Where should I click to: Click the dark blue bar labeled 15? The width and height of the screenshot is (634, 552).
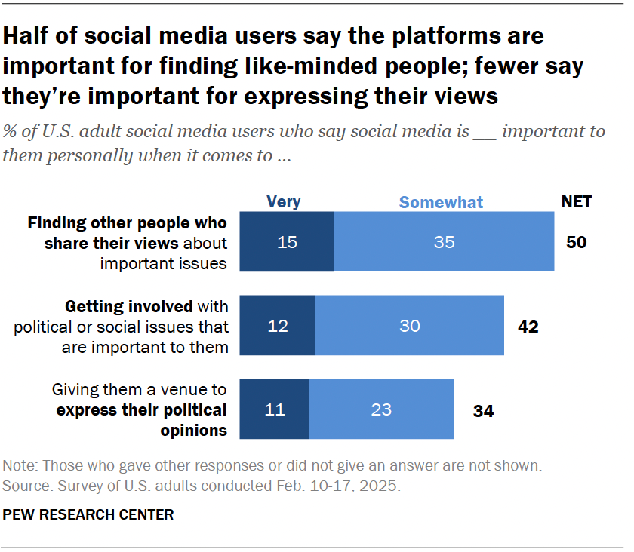tap(287, 242)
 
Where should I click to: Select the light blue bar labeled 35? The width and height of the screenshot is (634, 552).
tap(444, 242)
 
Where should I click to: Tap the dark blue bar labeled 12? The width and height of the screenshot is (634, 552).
tap(277, 326)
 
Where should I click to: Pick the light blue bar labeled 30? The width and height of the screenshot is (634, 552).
tap(410, 326)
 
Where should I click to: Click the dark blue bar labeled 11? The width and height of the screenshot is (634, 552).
tap(274, 409)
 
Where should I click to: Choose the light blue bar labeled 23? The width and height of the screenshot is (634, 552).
tap(381, 409)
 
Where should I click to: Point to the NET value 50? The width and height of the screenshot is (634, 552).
tap(577, 242)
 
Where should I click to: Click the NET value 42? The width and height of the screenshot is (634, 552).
tap(527, 326)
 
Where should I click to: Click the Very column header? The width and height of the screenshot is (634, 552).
tap(284, 201)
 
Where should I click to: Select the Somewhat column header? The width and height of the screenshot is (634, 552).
tap(442, 201)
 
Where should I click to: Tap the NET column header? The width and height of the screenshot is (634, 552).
tap(576, 201)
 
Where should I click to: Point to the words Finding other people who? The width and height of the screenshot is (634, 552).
tap(127, 223)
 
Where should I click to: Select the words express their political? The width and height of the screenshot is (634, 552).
tap(141, 410)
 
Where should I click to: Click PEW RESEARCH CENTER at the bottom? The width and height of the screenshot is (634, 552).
tap(89, 515)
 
